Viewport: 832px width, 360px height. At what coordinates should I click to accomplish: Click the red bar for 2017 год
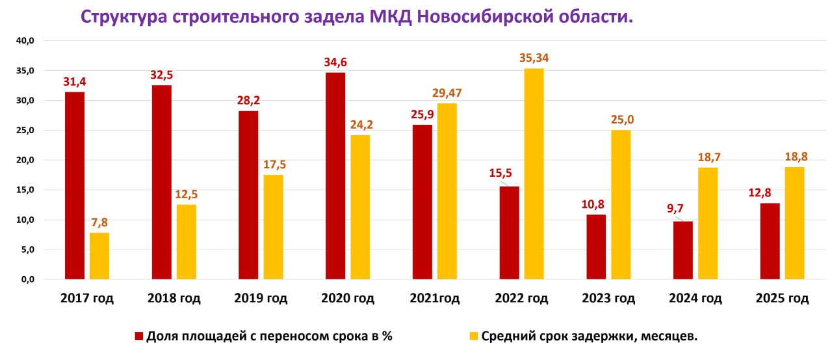[x=75, y=186]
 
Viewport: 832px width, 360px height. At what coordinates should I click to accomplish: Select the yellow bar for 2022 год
[x=534, y=174]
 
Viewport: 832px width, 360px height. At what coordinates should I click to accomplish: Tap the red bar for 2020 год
[x=335, y=176]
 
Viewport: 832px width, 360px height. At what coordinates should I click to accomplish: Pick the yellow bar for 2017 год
[x=99, y=256]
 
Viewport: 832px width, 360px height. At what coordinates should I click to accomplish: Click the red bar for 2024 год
[x=682, y=250]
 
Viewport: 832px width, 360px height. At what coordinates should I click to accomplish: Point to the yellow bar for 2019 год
[x=273, y=227]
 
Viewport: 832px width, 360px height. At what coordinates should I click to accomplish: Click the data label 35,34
[x=534, y=58]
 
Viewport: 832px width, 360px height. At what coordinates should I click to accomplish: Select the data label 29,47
[x=447, y=93]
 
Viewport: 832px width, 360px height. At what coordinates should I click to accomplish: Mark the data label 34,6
[x=335, y=62]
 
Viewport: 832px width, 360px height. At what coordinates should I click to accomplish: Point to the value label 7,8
[x=99, y=222]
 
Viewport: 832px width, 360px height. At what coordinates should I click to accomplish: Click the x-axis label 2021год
[x=434, y=299]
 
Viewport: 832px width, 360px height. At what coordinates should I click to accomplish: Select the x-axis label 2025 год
[x=782, y=299]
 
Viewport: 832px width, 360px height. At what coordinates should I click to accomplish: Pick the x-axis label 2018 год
[x=174, y=299]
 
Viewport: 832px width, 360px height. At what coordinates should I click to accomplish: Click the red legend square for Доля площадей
[x=138, y=336]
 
